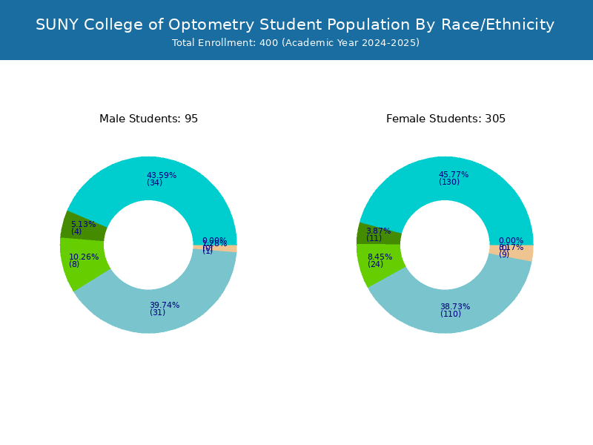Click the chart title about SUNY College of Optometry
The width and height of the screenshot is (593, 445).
point(295,24)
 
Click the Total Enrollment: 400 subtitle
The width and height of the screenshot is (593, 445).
point(296,43)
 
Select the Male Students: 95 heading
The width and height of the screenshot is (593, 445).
point(148,119)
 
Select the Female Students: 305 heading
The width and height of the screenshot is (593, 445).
point(445,119)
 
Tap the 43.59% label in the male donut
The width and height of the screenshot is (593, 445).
point(162,175)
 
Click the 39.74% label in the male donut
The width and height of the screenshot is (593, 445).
point(165,305)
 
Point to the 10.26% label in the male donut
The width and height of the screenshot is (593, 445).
point(84,257)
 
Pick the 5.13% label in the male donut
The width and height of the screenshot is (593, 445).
point(83,224)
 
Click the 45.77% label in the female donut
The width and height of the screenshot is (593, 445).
point(454,174)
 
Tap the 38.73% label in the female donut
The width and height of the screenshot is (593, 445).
point(455,306)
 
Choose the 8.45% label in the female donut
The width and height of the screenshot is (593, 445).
point(380,257)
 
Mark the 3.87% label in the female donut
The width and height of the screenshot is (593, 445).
point(378,231)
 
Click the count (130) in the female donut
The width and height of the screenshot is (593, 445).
point(449,182)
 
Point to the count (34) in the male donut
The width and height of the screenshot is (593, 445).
point(154,183)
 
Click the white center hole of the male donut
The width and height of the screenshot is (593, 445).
point(148,245)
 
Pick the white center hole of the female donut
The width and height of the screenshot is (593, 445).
point(445,245)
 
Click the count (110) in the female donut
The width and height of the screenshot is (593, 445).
point(451,314)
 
